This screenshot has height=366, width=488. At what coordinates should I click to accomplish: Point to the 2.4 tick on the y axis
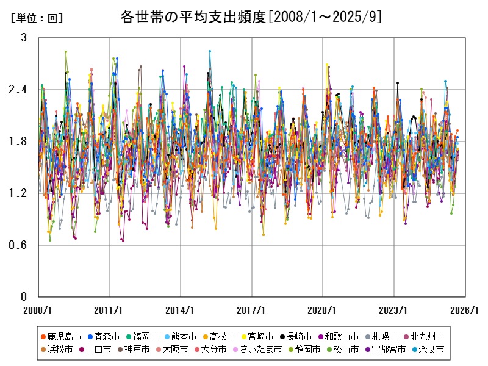tap(20, 90)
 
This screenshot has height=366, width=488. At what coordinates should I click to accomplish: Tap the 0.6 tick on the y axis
tap(20, 245)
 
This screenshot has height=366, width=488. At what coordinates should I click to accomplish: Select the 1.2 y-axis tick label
tap(20, 193)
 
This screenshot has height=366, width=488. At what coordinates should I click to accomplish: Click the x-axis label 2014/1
tap(181, 309)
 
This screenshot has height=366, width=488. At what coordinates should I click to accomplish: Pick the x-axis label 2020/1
tap(323, 309)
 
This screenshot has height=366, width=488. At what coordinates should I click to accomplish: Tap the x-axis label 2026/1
tap(465, 309)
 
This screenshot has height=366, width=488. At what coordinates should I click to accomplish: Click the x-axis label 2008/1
tap(38, 309)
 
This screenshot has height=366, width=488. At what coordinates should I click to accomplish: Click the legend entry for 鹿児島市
tap(59, 336)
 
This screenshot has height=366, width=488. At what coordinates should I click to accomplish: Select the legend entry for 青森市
tap(102, 336)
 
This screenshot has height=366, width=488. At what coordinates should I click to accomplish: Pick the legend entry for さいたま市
tap(260, 350)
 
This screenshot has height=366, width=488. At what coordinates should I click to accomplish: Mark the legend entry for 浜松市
tap(59, 350)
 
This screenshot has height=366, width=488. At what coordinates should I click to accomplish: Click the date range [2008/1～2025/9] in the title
tap(325, 16)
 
